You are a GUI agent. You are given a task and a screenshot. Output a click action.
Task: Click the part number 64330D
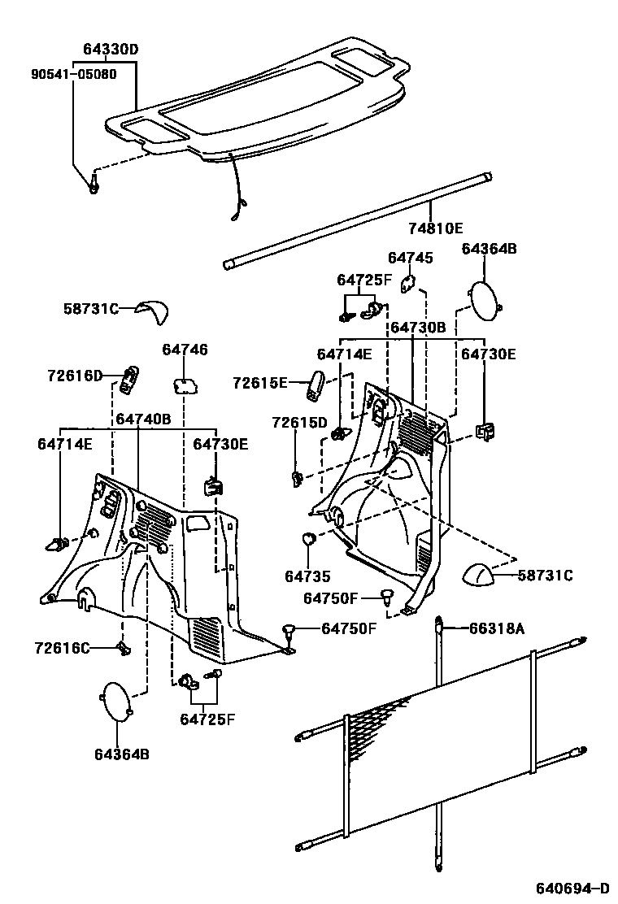111,50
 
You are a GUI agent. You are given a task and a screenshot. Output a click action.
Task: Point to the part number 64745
411,258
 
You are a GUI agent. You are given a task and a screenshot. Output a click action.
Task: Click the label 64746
185,350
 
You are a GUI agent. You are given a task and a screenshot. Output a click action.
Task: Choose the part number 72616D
75,376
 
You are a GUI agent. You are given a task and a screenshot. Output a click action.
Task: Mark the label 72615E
260,382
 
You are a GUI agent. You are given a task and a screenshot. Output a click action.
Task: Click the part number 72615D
299,423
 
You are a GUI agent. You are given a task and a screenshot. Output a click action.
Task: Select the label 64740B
143,419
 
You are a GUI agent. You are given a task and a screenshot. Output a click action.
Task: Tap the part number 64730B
418,328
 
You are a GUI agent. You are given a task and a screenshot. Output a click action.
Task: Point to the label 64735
307,576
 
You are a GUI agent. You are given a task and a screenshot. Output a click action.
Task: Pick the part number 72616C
63,648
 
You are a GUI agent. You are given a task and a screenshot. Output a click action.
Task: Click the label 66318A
496,628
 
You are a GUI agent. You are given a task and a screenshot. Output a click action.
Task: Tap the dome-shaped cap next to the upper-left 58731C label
152,310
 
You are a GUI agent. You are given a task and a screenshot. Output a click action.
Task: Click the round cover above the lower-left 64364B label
115,700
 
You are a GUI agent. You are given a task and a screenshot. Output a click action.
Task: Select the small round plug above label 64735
309,538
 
